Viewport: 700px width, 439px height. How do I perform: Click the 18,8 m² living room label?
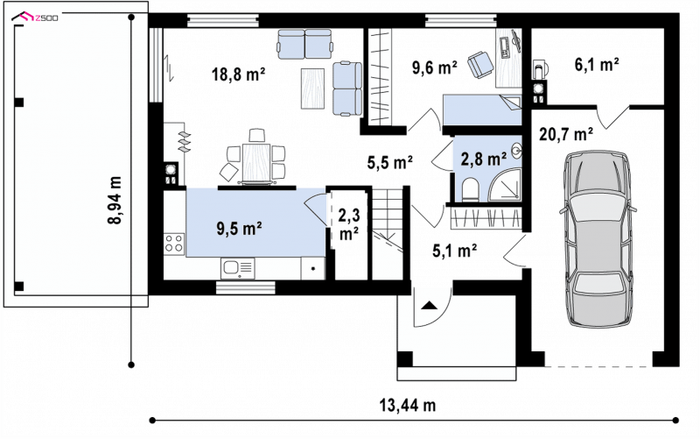239,74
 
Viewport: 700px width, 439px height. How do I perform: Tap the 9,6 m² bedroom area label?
434,67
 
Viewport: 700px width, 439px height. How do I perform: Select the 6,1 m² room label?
597,65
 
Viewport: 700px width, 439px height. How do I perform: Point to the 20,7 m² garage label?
566,134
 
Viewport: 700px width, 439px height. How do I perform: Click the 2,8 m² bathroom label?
484,159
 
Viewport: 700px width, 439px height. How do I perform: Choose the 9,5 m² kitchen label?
239,229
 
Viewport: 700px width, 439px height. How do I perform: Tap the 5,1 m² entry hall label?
455,251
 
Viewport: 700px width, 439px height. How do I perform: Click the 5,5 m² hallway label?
389,163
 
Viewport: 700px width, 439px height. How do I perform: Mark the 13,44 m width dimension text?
408,405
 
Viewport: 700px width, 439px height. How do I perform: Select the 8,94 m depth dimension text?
115,200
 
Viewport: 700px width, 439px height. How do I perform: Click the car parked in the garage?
598,238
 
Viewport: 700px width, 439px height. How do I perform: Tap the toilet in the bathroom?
471,189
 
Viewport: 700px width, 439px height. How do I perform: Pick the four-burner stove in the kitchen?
174,244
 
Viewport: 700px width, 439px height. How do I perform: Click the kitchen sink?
237,268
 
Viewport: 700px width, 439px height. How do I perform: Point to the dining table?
255,161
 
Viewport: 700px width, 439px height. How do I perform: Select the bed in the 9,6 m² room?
482,110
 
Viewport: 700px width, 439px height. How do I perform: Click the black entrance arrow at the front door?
429,306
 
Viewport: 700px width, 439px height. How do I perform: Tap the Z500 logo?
35,18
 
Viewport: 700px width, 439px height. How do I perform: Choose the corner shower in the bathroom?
505,185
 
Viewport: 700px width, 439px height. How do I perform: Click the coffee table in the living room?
312,89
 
